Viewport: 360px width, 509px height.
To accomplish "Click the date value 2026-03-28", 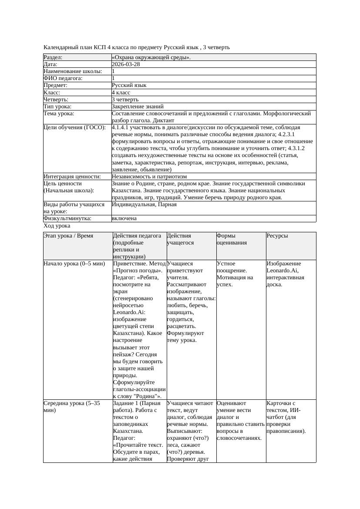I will point(126,64).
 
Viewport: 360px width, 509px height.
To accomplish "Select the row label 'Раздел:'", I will point(53,57).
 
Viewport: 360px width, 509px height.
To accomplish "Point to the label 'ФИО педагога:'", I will point(63,78).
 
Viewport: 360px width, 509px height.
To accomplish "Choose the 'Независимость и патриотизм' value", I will point(149,177).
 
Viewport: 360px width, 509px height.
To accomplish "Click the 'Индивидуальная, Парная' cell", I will point(144,204).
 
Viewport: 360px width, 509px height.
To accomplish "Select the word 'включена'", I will point(124,218).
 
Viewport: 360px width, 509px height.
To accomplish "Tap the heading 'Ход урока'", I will point(57,226).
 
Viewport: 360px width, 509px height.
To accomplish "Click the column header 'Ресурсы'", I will point(277,236).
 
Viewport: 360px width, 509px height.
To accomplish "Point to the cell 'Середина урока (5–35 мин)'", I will point(72,407).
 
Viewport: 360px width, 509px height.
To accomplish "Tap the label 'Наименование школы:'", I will point(73,71).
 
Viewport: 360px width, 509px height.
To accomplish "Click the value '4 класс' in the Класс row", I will point(121,93).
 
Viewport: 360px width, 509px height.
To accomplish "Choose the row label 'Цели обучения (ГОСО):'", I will point(74,127).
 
